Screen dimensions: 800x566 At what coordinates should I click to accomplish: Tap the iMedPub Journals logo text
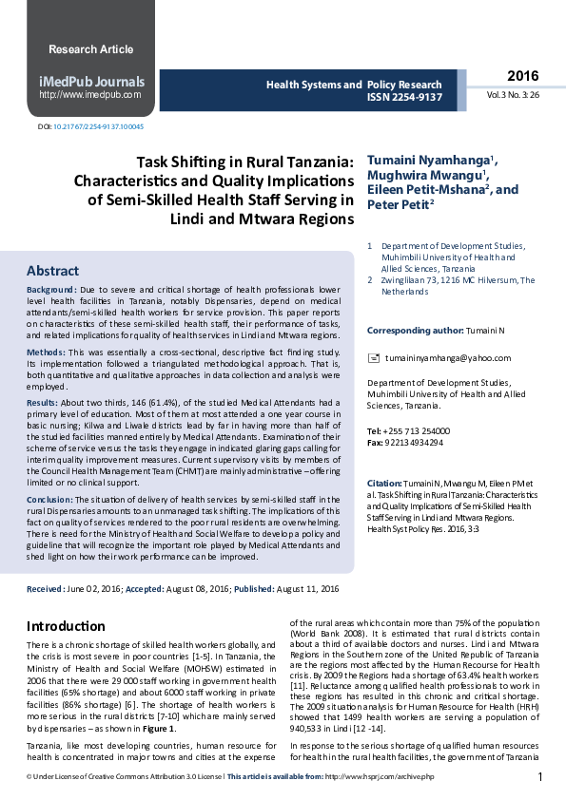click(91, 82)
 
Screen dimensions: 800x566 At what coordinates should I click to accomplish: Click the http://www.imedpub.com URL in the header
click(89, 95)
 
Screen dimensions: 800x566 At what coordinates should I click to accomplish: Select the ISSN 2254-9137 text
click(404, 97)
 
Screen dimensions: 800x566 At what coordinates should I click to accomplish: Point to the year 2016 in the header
click(522, 76)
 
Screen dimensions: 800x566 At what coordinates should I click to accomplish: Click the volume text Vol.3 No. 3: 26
click(514, 95)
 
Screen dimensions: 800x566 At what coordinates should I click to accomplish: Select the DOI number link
click(98, 126)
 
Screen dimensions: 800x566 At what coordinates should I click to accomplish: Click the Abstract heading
click(52, 271)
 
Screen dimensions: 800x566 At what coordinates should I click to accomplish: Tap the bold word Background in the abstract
click(51, 289)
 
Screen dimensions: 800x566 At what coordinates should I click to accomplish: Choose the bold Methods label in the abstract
click(46, 352)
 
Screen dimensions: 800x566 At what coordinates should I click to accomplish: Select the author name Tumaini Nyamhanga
click(429, 160)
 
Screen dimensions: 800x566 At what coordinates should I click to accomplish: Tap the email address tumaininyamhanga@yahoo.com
click(441, 358)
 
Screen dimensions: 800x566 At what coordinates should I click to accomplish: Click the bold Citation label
click(385, 484)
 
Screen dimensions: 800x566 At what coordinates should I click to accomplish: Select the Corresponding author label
click(415, 331)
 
